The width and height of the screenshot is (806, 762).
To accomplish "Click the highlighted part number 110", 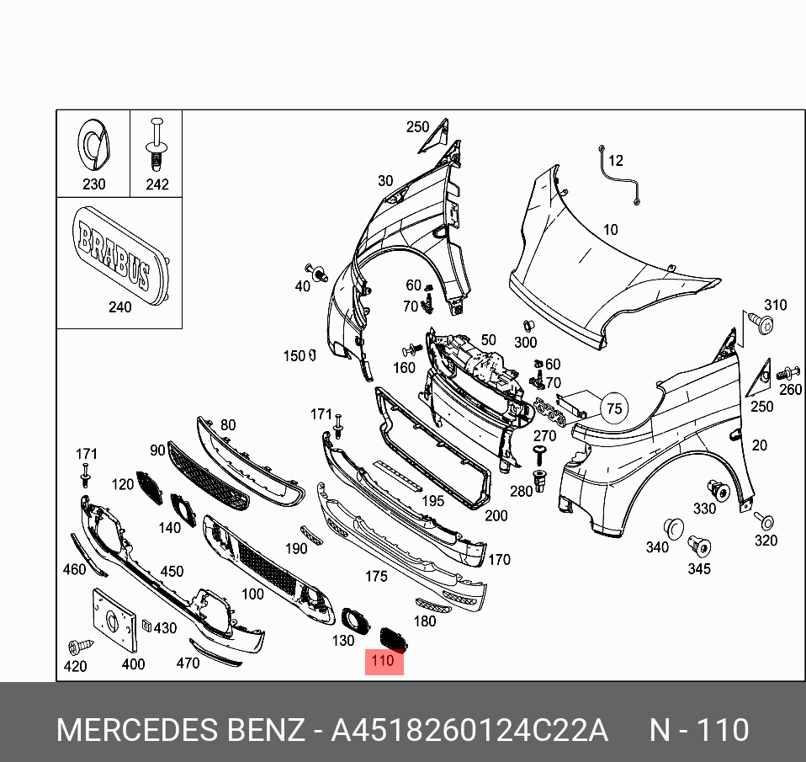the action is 383,661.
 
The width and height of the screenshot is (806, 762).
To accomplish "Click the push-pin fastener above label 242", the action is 156,146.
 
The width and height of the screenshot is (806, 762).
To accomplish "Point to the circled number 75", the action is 614,409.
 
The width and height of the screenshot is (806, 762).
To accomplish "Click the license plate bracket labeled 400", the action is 113,620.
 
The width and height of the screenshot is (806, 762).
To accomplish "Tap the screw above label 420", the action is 75,647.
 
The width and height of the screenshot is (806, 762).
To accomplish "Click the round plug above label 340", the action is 673,528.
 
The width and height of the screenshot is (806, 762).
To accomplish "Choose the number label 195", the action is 432,501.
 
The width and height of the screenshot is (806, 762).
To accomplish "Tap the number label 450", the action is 172,571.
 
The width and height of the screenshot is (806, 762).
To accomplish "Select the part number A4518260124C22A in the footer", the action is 469,730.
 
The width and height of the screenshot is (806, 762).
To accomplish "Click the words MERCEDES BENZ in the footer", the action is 180,730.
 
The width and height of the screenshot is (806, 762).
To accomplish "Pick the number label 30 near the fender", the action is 385,180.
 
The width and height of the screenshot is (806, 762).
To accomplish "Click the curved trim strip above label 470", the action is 215,652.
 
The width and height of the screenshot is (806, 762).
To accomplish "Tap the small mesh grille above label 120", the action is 149,488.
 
